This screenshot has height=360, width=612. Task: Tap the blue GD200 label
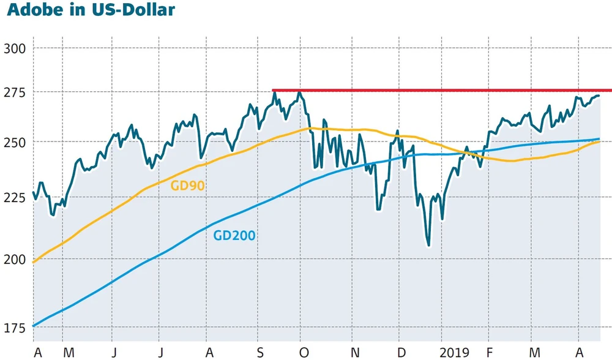pos(234,234)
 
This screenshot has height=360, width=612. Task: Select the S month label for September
pos(260,353)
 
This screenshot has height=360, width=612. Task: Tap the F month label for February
pos(488,353)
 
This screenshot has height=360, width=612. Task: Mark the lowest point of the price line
pos(428,246)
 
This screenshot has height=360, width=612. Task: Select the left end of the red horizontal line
pos(273,91)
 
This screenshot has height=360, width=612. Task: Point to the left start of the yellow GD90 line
pos(33,262)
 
